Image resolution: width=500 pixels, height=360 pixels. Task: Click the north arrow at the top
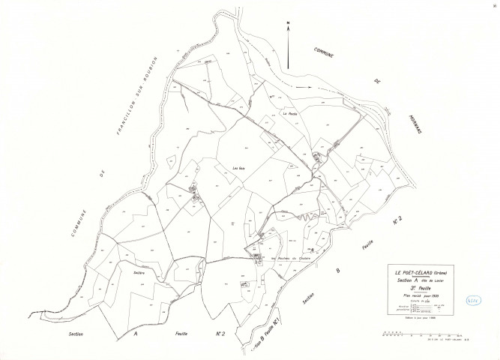click(288, 31)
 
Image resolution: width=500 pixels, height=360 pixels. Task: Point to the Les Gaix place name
click(240, 167)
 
